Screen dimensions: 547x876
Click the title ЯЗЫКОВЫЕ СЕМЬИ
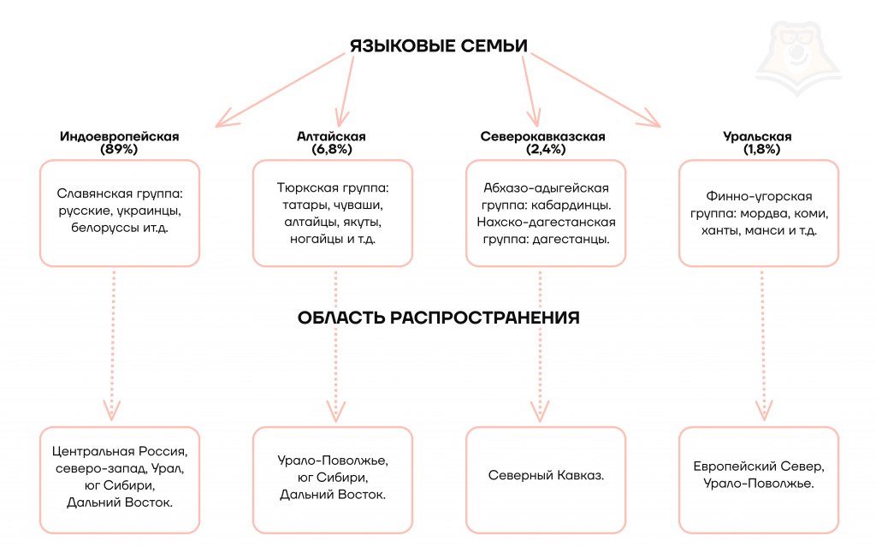point(437,45)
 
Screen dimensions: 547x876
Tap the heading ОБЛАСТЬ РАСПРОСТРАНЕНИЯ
point(438,318)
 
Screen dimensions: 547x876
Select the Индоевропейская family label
point(119,136)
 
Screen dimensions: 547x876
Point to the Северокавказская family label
point(542,136)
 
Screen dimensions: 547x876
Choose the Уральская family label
point(757,136)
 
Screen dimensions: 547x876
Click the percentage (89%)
point(119,149)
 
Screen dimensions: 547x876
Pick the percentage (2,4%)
point(542,149)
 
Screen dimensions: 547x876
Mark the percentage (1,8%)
point(757,149)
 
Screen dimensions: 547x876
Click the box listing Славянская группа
point(120,212)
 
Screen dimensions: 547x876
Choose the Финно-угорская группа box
point(757,212)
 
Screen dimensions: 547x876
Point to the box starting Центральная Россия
point(120,477)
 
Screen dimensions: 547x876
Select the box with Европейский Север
point(757,475)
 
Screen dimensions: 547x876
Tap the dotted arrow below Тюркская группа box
point(334,342)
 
